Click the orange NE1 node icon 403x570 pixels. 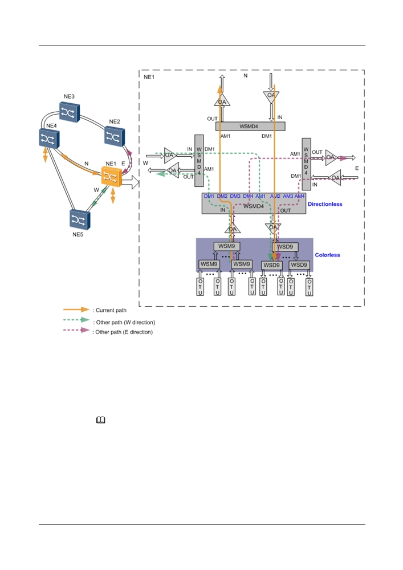click(111, 177)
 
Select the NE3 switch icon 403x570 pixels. click(70, 112)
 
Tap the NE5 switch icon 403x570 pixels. click(80, 219)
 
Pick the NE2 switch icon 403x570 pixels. click(115, 137)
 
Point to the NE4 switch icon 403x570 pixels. click(48, 139)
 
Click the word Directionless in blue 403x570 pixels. click(325, 204)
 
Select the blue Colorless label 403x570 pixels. click(327, 255)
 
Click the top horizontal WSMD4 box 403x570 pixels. click(250, 126)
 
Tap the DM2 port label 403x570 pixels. click(222, 196)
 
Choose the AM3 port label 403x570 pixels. click(288, 196)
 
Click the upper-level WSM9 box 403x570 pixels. click(226, 246)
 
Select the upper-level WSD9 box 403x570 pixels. click(285, 247)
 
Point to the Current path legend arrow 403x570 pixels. click(76, 310)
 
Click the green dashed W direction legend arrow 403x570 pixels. click(76, 320)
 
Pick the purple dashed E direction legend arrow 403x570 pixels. click(76, 330)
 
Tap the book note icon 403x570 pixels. click(101, 420)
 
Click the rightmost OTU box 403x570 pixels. click(309, 287)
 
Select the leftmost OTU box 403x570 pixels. click(200, 287)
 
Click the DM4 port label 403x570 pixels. click(248, 196)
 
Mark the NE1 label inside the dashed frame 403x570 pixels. click(149, 77)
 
